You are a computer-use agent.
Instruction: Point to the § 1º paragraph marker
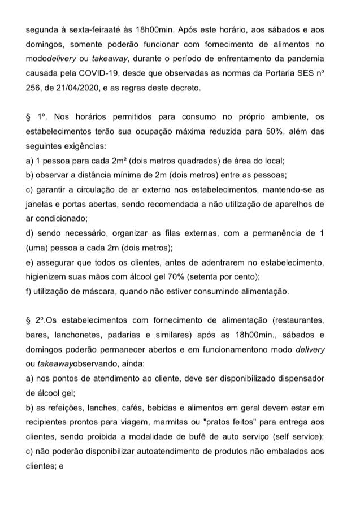tap(36, 117)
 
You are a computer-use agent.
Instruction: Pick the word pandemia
tap(306, 59)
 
